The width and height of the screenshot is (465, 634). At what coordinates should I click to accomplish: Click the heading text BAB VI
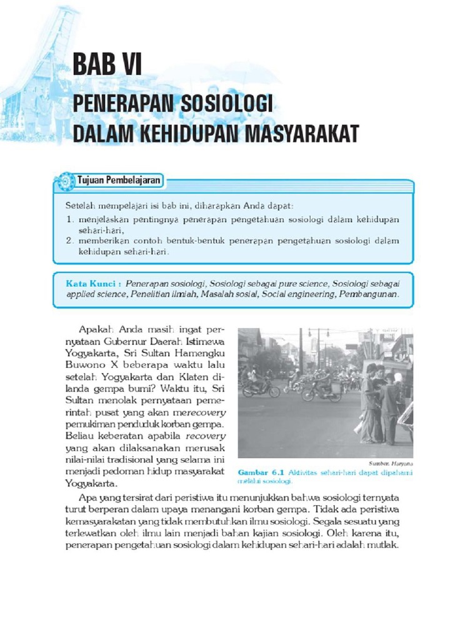(107, 64)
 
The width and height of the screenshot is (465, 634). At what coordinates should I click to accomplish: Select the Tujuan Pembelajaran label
(119, 181)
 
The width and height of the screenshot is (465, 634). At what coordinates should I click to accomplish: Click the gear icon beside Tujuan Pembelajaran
(64, 182)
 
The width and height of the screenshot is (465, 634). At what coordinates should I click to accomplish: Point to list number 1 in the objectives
(69, 220)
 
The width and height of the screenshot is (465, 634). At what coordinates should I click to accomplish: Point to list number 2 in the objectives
(69, 240)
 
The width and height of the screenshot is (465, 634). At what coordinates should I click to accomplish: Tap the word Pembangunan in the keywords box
(368, 294)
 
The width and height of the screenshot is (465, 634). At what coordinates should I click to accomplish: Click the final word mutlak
(383, 545)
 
